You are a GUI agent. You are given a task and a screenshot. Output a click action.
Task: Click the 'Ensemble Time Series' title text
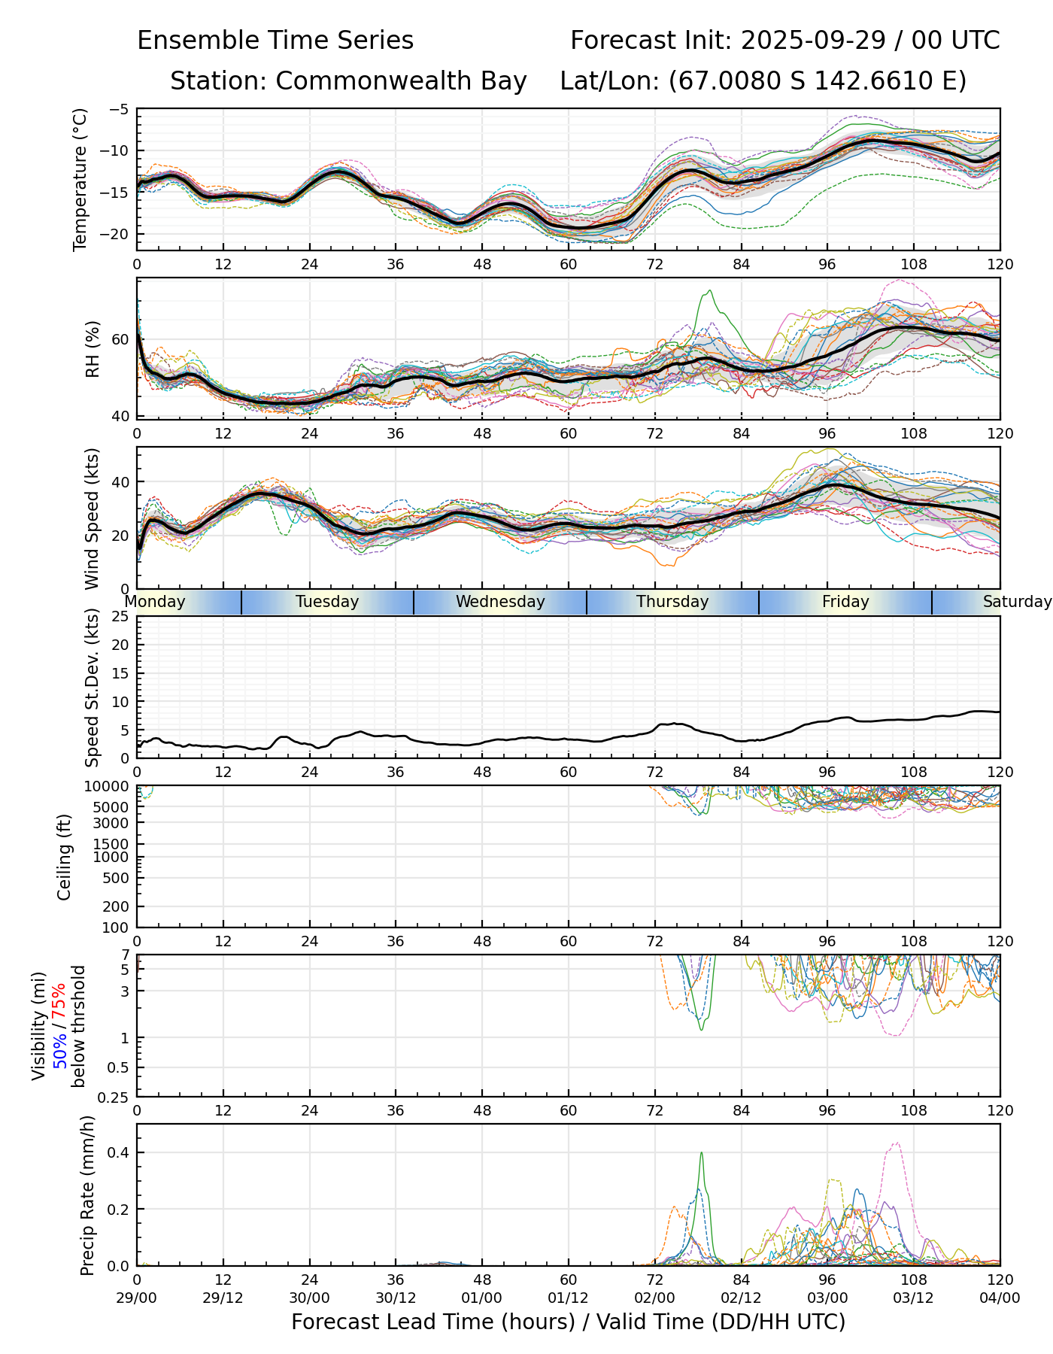pos(275,41)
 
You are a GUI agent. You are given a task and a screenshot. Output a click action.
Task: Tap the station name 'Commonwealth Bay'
pos(401,81)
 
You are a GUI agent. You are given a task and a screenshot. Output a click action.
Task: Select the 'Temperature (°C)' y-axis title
pos(80,179)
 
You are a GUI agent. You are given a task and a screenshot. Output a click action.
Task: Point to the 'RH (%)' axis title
pos(93,349)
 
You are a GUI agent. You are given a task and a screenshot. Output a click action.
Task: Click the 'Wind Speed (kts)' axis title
pos(92,518)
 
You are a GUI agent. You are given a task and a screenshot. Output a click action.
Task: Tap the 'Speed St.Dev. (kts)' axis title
pos(92,688)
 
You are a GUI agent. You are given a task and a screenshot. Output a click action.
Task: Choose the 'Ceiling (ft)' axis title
pos(65,857)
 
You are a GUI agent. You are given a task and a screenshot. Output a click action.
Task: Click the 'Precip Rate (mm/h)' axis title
pos(87,1195)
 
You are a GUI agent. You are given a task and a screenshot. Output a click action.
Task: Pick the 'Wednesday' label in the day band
pos(500,602)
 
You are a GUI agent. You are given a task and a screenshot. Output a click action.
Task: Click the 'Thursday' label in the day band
pos(672,602)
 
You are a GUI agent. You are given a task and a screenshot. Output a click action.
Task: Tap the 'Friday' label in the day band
pos(845,602)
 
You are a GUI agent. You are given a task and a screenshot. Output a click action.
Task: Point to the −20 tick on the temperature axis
pos(119,234)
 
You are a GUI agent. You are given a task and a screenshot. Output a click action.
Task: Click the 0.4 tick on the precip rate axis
pos(120,1152)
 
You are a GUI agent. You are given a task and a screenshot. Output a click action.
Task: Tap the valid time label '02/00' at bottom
pos(654,1298)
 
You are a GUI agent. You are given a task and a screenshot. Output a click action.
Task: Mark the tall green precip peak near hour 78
pos(702,1154)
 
